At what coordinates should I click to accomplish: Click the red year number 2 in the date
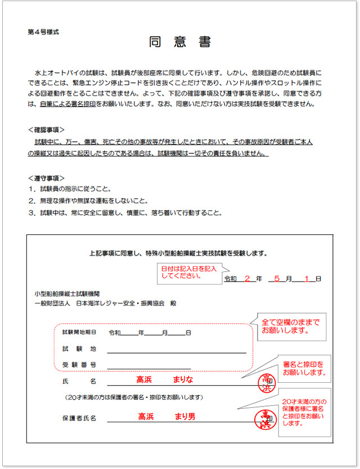pos(246,278)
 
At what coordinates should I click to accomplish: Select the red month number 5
pos(277,278)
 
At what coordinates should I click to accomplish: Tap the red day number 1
pos(307,278)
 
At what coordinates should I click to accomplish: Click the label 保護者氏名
pos(79,418)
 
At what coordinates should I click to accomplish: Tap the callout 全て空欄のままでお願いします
pos(291,327)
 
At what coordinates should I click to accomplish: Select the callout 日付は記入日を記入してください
pos(186,273)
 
